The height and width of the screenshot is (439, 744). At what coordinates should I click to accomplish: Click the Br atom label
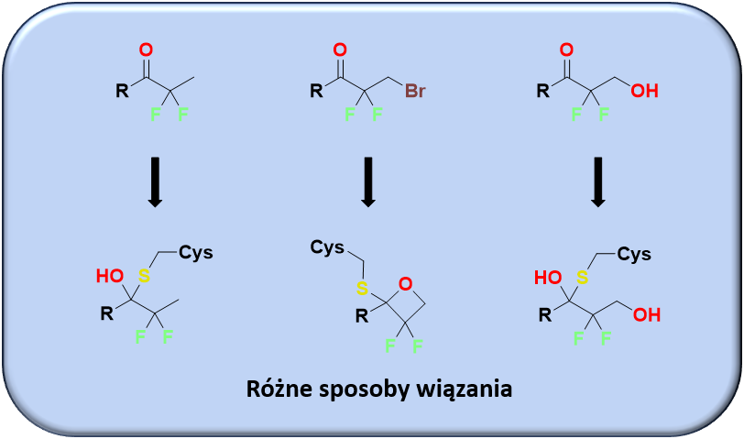414,92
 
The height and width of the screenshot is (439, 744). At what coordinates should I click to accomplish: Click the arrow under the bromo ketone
367,181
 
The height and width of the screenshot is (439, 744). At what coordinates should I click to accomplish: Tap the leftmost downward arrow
155,181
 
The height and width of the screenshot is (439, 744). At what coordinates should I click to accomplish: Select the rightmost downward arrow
599,181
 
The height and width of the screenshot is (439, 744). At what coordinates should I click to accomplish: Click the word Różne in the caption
279,388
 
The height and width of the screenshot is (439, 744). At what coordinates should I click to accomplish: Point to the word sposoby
361,388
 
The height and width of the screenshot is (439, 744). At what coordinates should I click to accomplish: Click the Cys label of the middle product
327,247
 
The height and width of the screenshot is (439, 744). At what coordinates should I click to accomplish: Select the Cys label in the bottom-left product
195,252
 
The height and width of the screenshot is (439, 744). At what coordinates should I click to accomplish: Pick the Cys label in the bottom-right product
633,253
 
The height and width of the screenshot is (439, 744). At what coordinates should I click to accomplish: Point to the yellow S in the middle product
362,289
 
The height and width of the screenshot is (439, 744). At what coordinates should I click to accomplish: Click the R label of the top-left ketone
122,92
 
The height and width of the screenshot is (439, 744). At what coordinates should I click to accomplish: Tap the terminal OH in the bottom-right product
646,314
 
